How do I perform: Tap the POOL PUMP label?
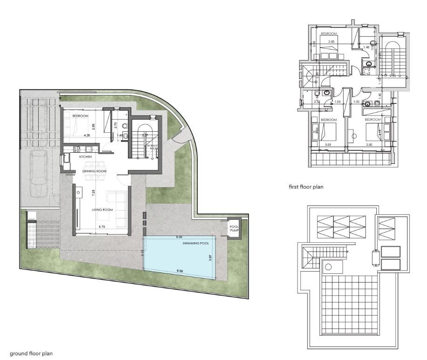pyautogui.click(x=234, y=228)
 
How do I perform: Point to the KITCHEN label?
pyautogui.click(x=86, y=157)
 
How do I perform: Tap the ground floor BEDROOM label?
pyautogui.click(x=80, y=116)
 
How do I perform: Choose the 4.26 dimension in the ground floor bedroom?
pyautogui.click(x=86, y=135)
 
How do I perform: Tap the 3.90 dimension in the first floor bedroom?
pyautogui.click(x=369, y=145)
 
